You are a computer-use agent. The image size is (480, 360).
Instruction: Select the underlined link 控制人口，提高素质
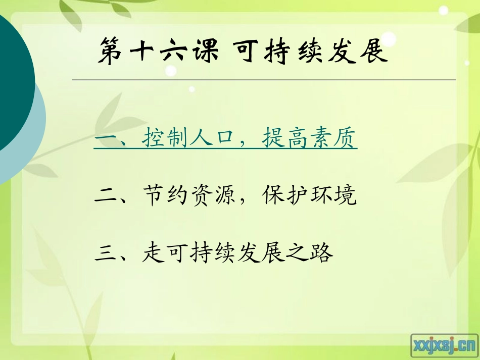225,138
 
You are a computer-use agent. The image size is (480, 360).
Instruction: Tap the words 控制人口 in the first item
183,138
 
